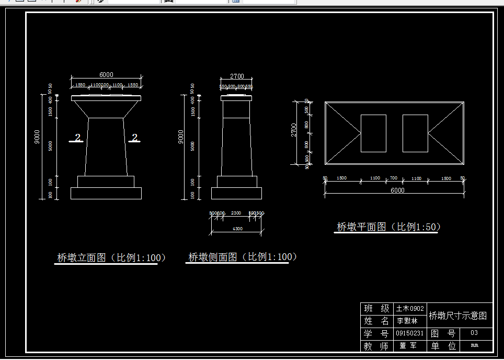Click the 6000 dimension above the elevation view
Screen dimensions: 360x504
(x=106, y=75)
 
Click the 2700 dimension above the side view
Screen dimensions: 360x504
(x=237, y=76)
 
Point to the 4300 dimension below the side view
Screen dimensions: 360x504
(x=237, y=229)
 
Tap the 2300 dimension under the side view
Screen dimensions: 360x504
(x=236, y=213)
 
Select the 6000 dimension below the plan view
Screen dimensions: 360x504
(x=397, y=190)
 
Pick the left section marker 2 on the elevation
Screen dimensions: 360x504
(x=77, y=138)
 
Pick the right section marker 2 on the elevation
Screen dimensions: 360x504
(x=134, y=138)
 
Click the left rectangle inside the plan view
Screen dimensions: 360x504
(x=373, y=133)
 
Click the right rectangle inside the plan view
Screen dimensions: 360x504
(x=415, y=133)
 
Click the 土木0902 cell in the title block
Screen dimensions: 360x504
(x=410, y=309)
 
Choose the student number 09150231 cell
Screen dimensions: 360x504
(x=410, y=333)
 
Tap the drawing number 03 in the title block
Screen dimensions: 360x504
(x=474, y=333)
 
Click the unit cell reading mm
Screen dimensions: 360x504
(x=474, y=345)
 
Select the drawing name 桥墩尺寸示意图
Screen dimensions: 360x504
(x=458, y=316)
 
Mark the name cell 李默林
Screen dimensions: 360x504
(x=407, y=321)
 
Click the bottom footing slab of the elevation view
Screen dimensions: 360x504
(x=106, y=193)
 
